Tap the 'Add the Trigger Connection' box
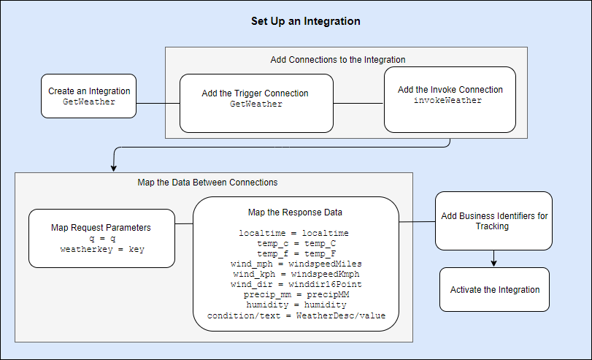(x=256, y=103)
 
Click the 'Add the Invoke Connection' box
(x=450, y=99)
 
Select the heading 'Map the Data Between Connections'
(x=207, y=182)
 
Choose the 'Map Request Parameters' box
(x=101, y=238)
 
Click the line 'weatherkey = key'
(x=102, y=249)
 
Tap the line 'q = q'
(x=102, y=239)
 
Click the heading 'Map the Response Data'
(x=296, y=212)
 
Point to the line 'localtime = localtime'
(x=295, y=233)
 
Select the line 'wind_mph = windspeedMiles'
(x=295, y=264)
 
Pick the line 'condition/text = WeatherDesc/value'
(x=295, y=315)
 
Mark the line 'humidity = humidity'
(x=295, y=305)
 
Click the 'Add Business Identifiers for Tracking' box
(x=494, y=221)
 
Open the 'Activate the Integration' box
(x=494, y=289)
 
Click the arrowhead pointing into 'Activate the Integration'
(x=494, y=263)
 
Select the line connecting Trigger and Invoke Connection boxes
(x=358, y=103)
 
